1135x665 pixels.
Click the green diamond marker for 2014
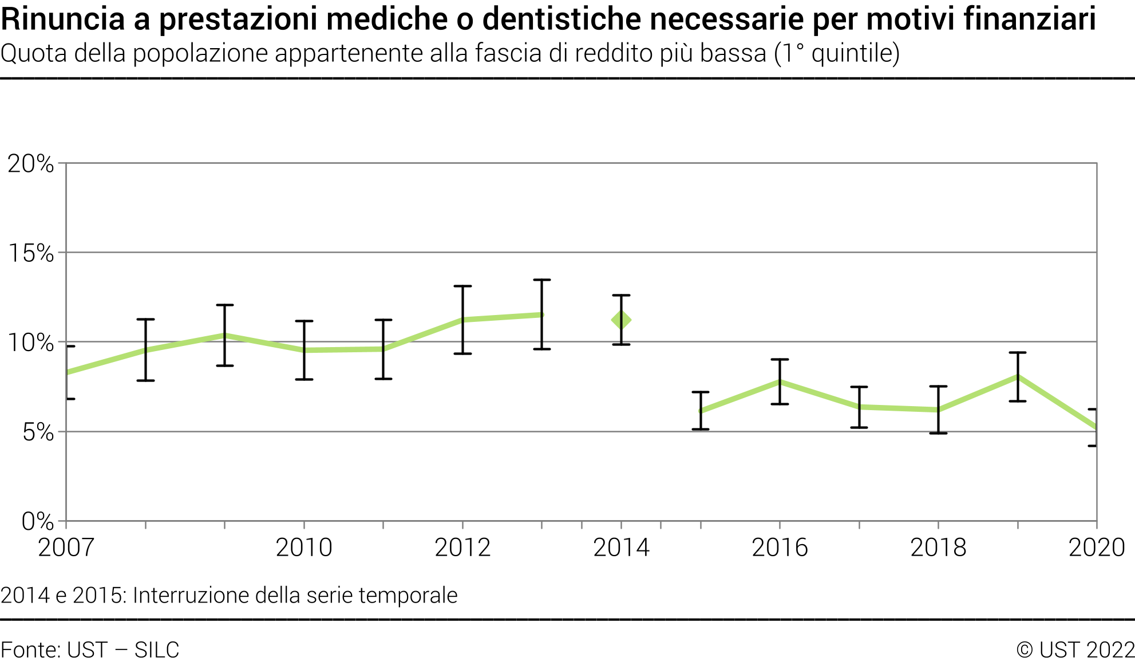(x=621, y=320)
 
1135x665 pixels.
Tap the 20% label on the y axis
(x=31, y=164)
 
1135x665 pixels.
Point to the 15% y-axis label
(x=31, y=253)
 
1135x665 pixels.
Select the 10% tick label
(x=31, y=343)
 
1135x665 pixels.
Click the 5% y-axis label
(x=38, y=432)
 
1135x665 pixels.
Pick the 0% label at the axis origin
(x=38, y=521)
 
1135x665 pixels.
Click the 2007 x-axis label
(x=66, y=548)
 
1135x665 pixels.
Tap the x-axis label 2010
(x=304, y=548)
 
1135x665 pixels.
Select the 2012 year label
(x=462, y=548)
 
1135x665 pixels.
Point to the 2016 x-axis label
(x=780, y=548)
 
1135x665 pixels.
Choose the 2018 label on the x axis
(x=938, y=548)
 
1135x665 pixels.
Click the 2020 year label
(x=1097, y=548)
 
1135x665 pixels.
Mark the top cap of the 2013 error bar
(x=541, y=280)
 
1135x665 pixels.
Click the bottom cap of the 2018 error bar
(x=938, y=433)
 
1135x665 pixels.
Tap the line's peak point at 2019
(x=1017, y=376)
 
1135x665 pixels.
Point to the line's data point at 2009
(x=224, y=335)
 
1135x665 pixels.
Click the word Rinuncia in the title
(x=63, y=19)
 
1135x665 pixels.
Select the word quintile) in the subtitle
(x=855, y=53)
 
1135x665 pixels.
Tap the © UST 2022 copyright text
(x=1075, y=650)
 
